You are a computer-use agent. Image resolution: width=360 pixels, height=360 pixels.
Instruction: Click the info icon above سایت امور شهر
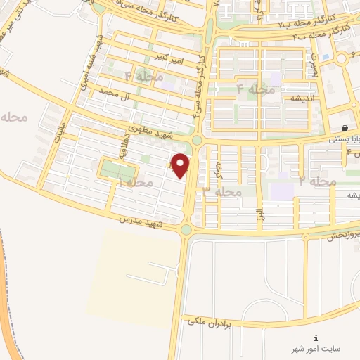(x=316, y=337)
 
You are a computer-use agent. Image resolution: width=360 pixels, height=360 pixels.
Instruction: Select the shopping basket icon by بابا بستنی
(x=345, y=128)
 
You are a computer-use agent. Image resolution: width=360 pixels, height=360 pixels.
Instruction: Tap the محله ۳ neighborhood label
(x=223, y=191)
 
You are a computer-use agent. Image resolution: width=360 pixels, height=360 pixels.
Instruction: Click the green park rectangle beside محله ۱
(x=117, y=169)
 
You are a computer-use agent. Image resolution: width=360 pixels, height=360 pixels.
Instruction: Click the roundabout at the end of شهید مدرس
(x=186, y=229)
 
